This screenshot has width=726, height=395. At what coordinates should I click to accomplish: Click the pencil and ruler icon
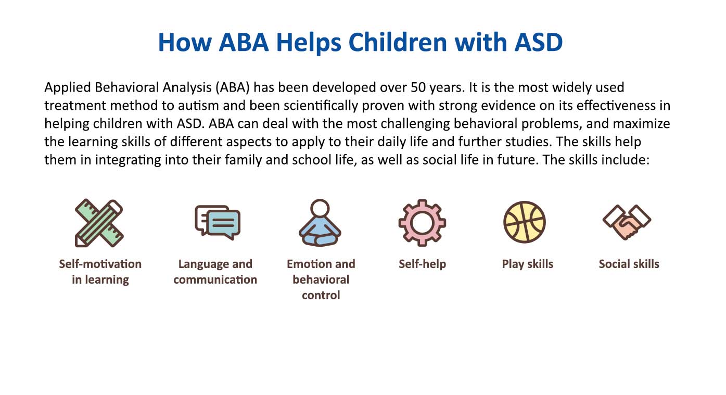coord(99,223)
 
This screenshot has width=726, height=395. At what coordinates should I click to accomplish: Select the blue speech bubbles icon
coord(217,222)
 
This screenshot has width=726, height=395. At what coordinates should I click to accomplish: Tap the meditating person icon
coord(320,223)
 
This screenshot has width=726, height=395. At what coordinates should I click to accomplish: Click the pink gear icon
coord(422,223)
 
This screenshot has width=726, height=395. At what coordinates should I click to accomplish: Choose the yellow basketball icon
coord(524,222)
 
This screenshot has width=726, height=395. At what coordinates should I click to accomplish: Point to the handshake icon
coord(627,222)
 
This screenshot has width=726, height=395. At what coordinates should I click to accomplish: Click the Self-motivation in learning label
coord(100,272)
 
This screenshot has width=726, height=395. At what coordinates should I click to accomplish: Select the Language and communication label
coord(215,272)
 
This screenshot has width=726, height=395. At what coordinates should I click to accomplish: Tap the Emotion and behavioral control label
coord(321,279)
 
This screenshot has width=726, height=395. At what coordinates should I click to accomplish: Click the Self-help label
coord(422,264)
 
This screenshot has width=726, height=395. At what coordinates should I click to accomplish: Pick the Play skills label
coord(527,264)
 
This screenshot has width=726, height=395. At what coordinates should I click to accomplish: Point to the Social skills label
coord(629,264)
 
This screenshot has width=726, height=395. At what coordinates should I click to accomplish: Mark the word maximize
coord(643,124)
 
